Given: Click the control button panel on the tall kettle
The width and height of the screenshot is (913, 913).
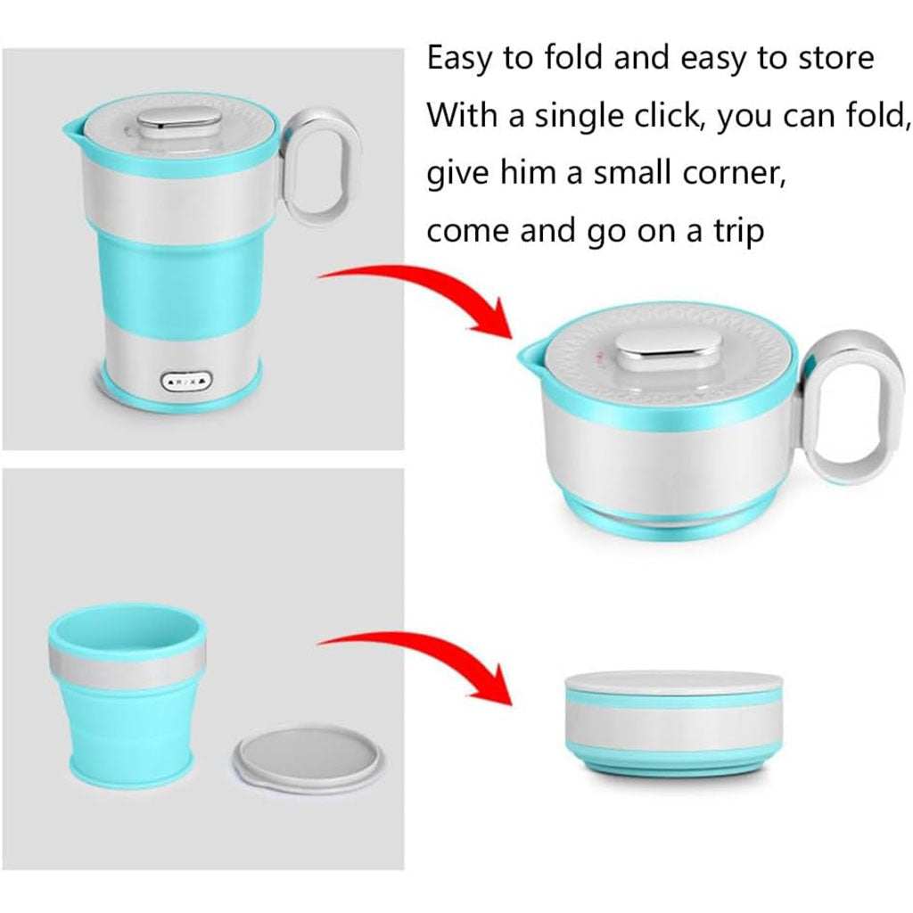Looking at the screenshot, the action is coord(186,382).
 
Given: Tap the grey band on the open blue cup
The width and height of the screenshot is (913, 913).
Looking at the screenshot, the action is coord(127,662).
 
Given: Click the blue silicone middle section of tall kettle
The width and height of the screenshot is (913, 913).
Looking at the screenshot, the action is coord(177,279).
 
